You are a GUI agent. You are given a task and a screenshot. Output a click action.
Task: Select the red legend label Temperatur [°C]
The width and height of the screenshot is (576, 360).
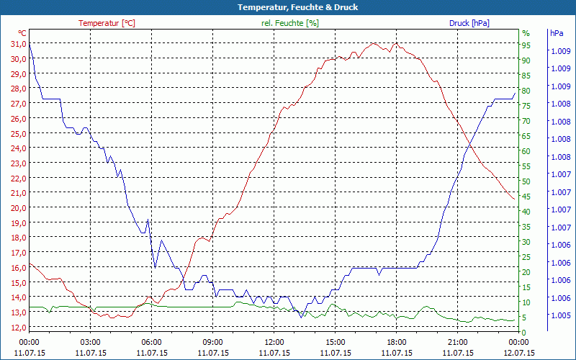[x=107, y=23]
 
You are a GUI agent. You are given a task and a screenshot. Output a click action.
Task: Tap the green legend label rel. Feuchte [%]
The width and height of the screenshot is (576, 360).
[x=290, y=23]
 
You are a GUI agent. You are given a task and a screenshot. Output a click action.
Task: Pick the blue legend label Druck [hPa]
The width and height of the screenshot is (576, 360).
[x=469, y=23]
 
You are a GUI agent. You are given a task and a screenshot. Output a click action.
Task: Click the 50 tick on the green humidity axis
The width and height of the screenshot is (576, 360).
[x=526, y=181]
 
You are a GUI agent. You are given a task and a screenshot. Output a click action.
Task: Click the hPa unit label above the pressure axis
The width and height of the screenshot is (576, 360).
[x=556, y=33]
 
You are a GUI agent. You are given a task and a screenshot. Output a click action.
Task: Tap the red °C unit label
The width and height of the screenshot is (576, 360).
[x=22, y=33]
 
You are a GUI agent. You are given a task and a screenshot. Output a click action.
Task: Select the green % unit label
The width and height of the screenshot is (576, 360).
[x=526, y=33]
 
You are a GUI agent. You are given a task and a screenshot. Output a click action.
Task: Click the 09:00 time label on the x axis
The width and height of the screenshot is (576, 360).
[x=213, y=342]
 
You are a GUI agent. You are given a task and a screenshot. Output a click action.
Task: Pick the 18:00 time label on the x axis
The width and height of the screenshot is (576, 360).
[x=397, y=342]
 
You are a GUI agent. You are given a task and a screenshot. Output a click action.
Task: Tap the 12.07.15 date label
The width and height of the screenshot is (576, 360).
[x=519, y=353]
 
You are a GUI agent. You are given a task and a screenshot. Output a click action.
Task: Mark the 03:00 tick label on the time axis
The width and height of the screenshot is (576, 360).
[x=91, y=342]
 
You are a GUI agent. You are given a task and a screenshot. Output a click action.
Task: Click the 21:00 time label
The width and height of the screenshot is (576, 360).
[x=458, y=342]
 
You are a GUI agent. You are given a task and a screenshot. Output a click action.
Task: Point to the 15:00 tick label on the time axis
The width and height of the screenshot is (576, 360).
[x=336, y=342]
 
